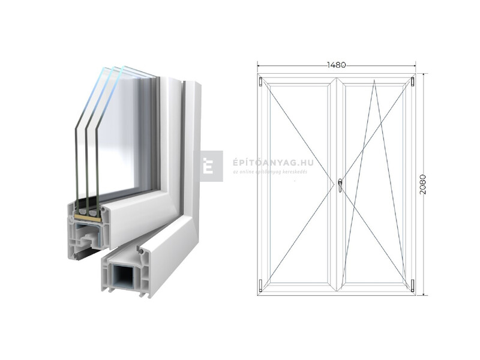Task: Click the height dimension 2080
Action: [423, 184]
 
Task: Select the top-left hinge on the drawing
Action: [260, 81]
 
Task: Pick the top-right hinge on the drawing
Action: [413, 81]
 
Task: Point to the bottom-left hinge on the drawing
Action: [260, 286]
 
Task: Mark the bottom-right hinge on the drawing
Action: [413, 286]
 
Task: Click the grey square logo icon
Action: [211, 166]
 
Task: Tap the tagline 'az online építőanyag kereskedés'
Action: [270, 172]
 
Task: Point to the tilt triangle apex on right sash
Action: [374, 81]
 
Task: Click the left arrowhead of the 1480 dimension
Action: [259, 64]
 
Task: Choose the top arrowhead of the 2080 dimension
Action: [423, 76]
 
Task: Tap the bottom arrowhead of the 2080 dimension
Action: [423, 293]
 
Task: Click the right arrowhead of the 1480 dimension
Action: [414, 64]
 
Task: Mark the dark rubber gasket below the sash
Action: [84, 252]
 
